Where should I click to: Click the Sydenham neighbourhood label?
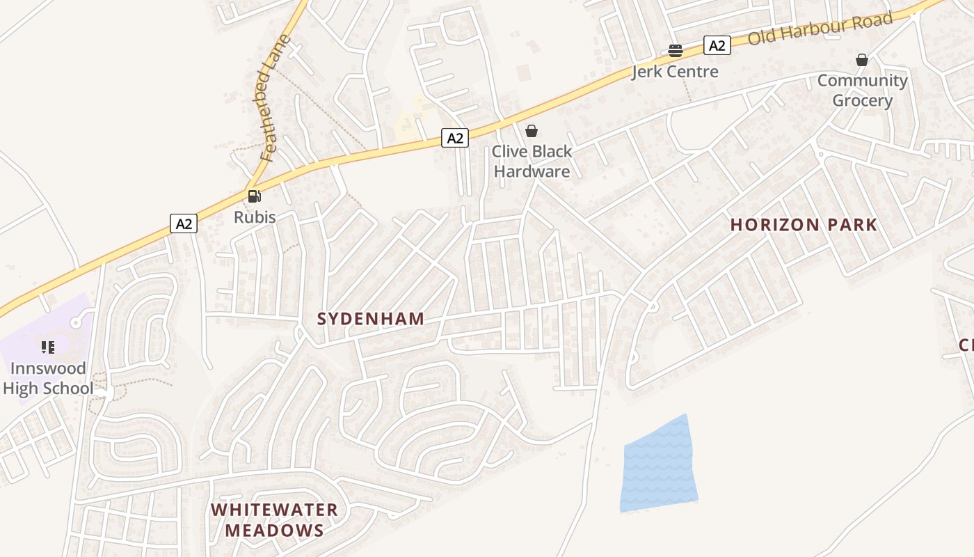coord(370,319)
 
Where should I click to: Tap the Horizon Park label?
coord(803,225)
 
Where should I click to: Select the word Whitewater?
coord(274,510)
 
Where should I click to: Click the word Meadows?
coord(274,531)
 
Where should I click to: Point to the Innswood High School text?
coord(48,379)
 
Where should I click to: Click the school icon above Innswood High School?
coord(48,347)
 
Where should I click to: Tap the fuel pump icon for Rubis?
coord(255,196)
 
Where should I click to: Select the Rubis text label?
coord(255,217)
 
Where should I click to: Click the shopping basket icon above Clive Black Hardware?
coord(532,131)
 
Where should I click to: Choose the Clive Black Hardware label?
coord(532,162)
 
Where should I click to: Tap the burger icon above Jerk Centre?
coord(675,51)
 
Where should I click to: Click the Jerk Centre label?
coord(675,72)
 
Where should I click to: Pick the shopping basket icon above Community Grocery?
coord(862,60)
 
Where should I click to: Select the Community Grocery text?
coord(863,91)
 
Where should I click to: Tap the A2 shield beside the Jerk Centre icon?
coord(717,46)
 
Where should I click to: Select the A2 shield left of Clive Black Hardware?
coord(454,138)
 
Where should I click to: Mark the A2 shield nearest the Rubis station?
coord(184,223)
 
